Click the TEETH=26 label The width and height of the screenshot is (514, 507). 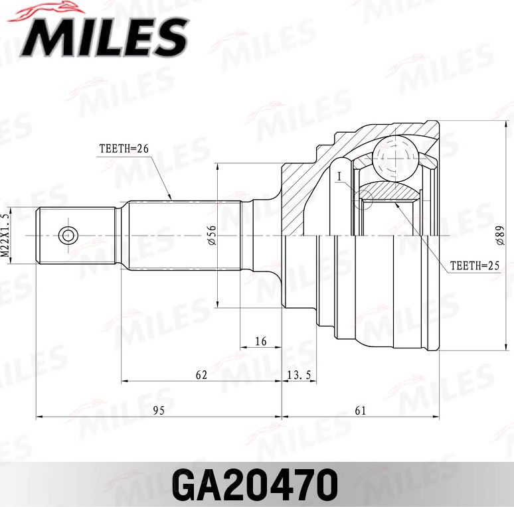coord(124,149)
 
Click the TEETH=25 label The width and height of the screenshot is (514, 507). coord(473,265)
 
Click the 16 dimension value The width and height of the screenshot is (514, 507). coord(260,341)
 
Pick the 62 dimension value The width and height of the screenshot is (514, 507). coord(201,375)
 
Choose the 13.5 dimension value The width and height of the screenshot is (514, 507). coord(299,375)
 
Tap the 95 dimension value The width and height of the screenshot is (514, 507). coord(158,411)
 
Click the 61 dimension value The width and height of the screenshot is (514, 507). coord(360,411)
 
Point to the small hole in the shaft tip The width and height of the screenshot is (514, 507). coord(67,235)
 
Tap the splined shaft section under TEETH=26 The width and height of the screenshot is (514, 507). coord(183,235)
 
